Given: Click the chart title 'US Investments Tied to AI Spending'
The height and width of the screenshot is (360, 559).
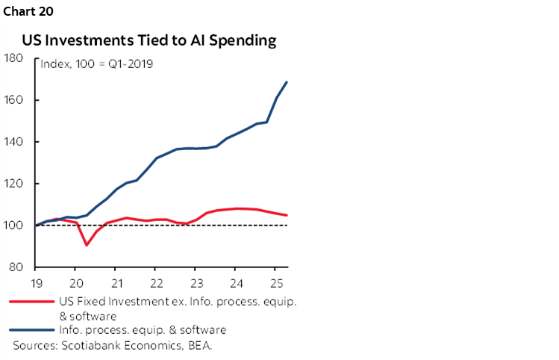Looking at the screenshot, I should [149, 41].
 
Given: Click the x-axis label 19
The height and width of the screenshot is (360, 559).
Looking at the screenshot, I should [36, 282].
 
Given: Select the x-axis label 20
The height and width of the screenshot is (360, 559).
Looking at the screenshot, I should [75, 282].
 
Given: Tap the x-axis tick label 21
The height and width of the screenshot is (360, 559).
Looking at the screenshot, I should [116, 282].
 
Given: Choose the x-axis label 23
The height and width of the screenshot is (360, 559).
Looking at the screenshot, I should [196, 282].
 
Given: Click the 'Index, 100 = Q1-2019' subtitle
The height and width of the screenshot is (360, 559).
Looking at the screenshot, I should [96, 64].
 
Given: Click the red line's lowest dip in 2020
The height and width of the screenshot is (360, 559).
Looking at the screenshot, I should [87, 245].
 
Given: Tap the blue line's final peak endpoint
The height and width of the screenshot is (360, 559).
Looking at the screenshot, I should [287, 82].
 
